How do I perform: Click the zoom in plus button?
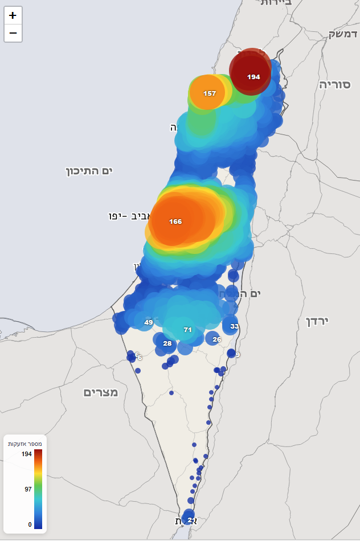coord(13,15)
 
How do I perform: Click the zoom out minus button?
coord(13,34)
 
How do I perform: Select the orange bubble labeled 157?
coord(208,92)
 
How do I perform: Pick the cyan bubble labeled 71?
coord(187,329)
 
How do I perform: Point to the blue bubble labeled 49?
coord(148,322)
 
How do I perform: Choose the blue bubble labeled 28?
coord(167,343)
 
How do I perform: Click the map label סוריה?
coord(334,84)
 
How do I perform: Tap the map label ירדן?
coord(318,321)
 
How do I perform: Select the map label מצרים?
coord(101,392)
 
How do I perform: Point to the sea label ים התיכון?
coord(89,170)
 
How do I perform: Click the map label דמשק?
coord(343,34)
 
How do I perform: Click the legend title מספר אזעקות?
coord(24,443)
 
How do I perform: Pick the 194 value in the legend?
coord(26,454)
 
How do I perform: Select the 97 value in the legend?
coord(28,489)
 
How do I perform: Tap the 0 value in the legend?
coord(30,524)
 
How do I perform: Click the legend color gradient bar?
coord(38,489)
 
